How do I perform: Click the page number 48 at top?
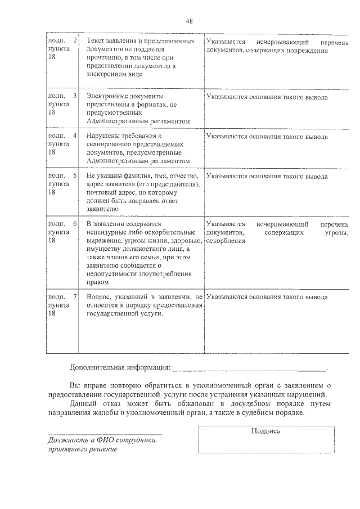(x=189, y=21)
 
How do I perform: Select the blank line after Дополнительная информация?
(x=249, y=368)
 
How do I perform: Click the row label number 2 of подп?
(x=75, y=42)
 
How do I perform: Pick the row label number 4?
(x=75, y=136)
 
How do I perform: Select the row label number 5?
(x=75, y=176)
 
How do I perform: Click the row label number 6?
(x=75, y=224)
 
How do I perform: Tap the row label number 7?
(x=75, y=296)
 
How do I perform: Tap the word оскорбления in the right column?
(x=226, y=241)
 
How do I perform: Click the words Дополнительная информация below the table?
(x=120, y=368)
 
